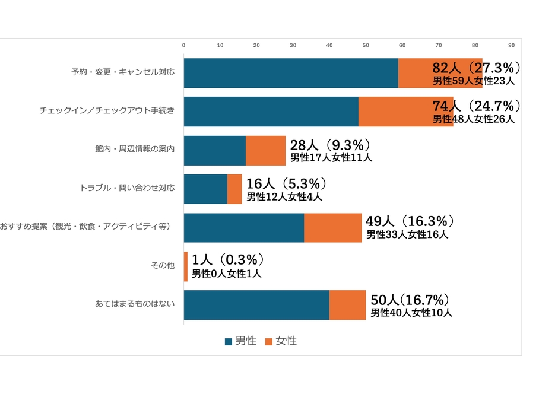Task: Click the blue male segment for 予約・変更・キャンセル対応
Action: coord(291,73)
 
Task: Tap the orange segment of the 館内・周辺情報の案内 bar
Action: coord(265,150)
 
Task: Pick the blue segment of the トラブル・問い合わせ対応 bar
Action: coord(205,189)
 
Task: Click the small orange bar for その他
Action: coord(186,266)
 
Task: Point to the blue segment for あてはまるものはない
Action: coord(256,305)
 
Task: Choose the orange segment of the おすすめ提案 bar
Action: coord(332,227)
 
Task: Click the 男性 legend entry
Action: coord(241,341)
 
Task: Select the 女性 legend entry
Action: coord(281,341)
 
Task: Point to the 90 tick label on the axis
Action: coord(511,45)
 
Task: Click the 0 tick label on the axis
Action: coord(184,45)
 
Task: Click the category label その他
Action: coord(163,266)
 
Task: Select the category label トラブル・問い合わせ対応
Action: coord(127,189)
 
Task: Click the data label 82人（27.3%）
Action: coord(477,67)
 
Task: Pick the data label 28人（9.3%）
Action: coord(330,145)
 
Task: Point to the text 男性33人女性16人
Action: coord(407,234)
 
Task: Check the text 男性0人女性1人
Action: coord(226,274)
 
